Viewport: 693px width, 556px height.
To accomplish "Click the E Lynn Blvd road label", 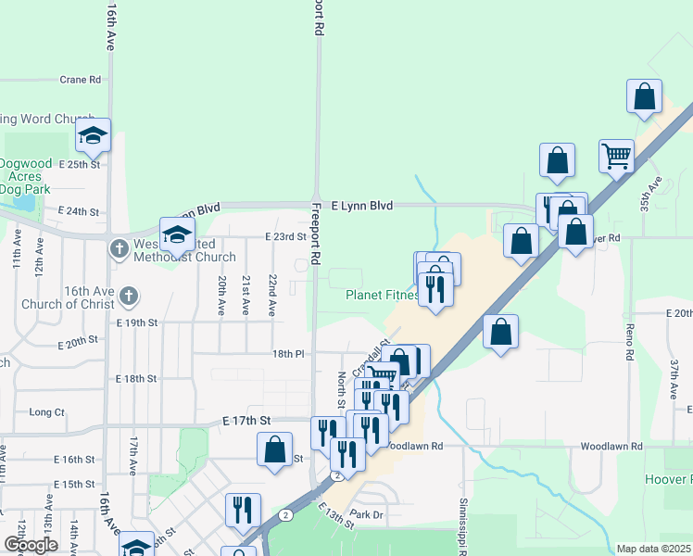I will click(362, 205).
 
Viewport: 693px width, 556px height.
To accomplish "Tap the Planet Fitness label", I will click(382, 296).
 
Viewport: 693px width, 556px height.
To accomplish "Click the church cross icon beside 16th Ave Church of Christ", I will click(128, 297).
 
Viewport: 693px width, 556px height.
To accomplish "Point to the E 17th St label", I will click(246, 420).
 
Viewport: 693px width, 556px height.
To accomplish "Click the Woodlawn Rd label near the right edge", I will click(611, 446).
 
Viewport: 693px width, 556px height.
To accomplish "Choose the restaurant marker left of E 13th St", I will click(243, 509).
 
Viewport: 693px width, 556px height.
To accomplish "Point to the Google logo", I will click(31, 546).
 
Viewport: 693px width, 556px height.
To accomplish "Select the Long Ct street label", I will click(46, 411).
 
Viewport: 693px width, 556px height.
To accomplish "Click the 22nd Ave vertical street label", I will click(272, 296).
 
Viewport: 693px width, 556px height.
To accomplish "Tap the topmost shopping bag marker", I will click(644, 95).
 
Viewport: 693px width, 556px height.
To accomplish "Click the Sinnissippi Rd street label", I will click(461, 524).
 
